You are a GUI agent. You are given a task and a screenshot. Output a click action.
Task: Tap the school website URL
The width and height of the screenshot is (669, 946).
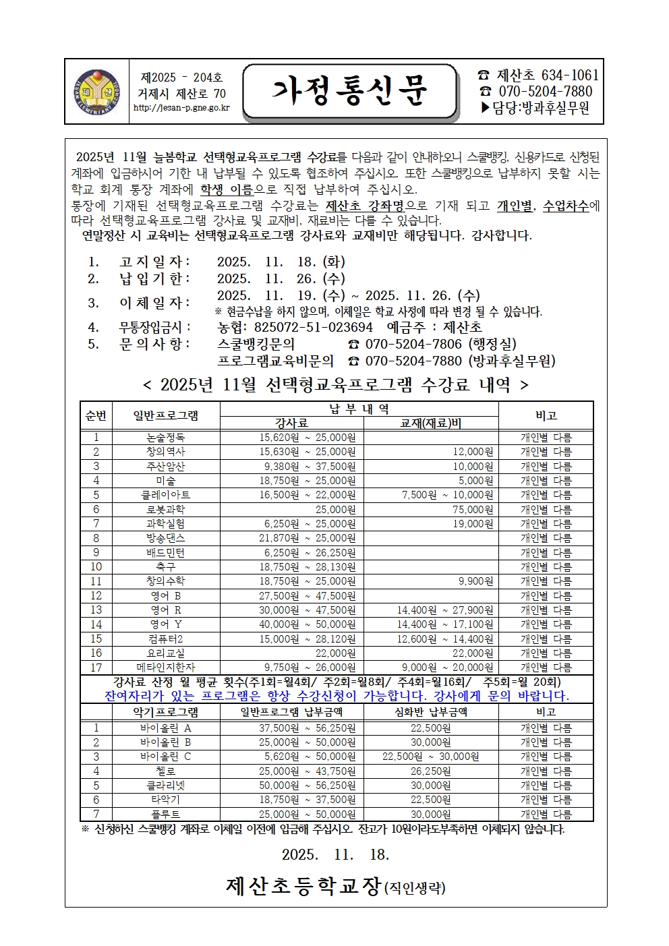click(181, 108)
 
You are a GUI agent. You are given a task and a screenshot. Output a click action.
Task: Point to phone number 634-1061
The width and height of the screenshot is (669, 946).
click(566, 76)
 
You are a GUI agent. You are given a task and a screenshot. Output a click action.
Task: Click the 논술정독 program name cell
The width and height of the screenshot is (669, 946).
click(165, 438)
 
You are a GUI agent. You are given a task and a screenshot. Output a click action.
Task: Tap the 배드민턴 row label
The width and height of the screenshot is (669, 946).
click(165, 552)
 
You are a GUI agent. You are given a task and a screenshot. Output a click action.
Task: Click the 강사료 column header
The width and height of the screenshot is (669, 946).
click(292, 423)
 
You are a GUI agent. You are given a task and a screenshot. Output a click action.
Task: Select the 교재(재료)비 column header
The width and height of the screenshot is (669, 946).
click(431, 423)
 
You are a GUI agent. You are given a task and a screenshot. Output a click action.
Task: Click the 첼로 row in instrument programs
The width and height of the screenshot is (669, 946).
click(165, 771)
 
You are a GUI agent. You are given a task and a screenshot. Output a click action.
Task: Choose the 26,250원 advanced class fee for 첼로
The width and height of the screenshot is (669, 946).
click(431, 771)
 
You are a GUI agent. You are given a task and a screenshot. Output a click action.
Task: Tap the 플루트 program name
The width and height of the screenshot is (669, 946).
click(165, 814)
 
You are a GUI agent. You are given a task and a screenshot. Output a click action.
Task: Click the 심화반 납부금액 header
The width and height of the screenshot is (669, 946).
click(431, 711)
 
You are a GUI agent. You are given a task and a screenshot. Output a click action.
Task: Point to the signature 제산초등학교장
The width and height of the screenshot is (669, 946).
click(303, 885)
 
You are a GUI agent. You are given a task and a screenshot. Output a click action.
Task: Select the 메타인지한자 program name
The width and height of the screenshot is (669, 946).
click(165, 667)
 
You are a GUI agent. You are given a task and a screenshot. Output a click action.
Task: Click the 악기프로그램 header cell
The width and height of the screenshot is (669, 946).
click(165, 711)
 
